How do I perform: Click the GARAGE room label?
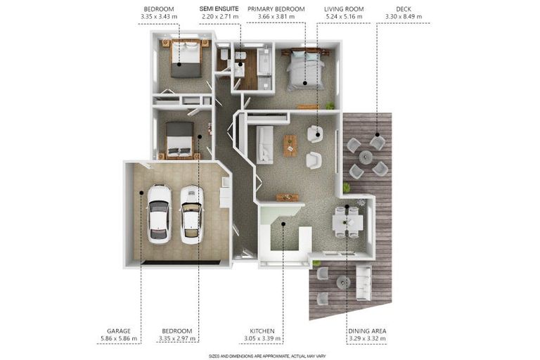coord(118,331)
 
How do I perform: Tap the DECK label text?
coord(404,9)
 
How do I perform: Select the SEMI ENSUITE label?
coord(219,9)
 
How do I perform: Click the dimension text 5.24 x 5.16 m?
coord(344,17)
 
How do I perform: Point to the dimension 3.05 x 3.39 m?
coord(262,339)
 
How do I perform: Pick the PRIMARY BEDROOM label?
coord(276,9)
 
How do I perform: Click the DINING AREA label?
coord(367,331)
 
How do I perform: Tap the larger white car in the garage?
coord(160,214)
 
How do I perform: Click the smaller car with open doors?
coord(192,215)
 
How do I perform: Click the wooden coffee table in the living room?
coord(290,146)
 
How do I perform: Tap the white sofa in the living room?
coord(264,145)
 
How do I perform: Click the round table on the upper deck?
coord(366,157)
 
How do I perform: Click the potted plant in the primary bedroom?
coord(330,105)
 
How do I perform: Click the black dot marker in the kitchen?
coord(283,224)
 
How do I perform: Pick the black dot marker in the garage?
coord(141,193)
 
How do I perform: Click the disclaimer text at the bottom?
coord(267,356)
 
